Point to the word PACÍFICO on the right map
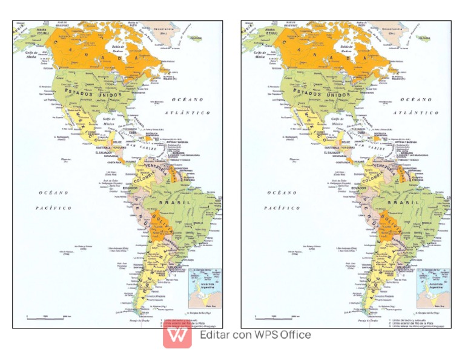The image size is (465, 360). point(282,208)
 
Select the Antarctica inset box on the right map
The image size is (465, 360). point(433,288)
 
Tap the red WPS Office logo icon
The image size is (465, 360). point(177,335)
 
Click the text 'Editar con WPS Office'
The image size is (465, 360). point(255,335)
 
